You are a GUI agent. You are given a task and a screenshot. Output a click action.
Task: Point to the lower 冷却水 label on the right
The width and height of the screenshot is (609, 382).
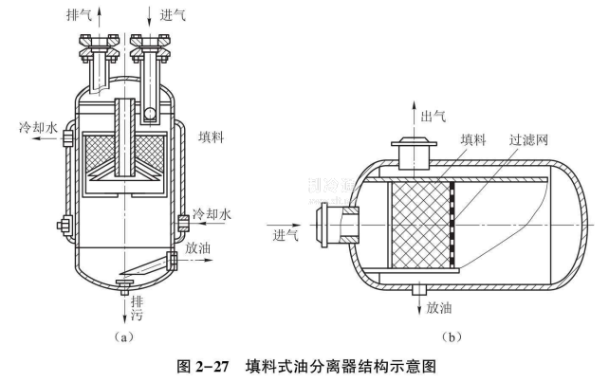coord(212,214)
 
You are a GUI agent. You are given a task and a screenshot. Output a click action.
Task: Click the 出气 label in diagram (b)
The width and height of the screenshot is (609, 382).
coord(434,115)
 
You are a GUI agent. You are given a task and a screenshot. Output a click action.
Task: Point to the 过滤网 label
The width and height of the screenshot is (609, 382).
coord(529,139)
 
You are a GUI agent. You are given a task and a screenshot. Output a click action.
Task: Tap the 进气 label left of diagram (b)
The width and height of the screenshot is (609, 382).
coord(286,234)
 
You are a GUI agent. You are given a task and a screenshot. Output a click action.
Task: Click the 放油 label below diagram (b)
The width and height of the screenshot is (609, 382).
coord(440,308)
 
